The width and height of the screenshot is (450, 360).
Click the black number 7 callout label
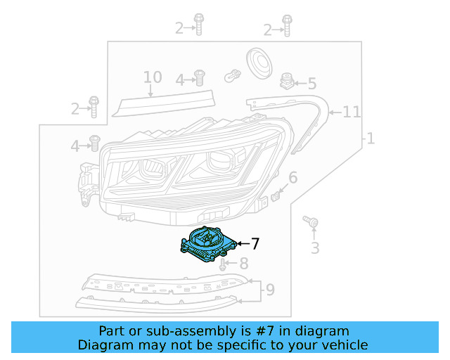pos(255,244)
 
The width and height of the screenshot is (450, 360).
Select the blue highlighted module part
pos(207,244)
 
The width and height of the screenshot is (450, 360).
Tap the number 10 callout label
pos(153,77)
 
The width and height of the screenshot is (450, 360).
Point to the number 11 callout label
pos(352,112)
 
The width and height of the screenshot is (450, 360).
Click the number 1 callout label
pos(371,139)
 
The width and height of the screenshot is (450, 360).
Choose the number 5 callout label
pos(311,83)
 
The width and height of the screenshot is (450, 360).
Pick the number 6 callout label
pos(293,177)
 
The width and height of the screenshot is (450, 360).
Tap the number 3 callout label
pos(315,247)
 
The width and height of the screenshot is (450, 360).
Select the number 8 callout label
pos(244,264)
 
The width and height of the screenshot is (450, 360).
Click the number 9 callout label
pos(270,288)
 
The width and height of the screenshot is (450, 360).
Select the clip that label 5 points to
pos(286,81)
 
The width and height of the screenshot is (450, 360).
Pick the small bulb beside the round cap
pos(231,75)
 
